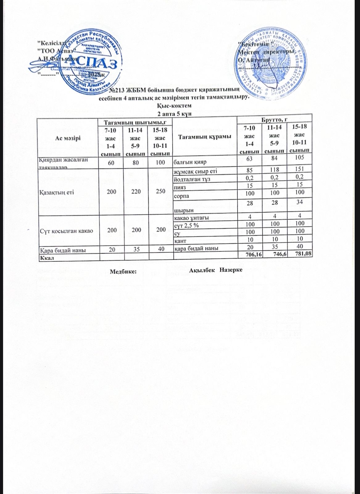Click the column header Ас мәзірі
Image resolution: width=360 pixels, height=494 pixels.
point(68,138)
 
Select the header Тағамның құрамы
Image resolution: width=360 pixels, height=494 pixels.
point(205,137)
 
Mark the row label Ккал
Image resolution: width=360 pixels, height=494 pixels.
point(45,257)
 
